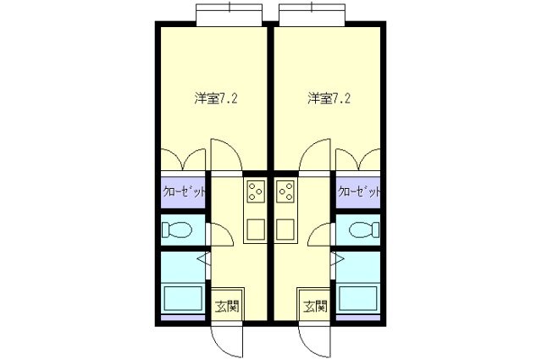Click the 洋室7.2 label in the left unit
tap(215, 98)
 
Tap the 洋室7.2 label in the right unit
tap(328, 98)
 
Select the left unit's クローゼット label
tap(184, 192)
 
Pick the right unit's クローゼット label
tap(358, 192)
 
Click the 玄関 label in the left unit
tap(224, 306)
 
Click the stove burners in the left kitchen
tap(255, 194)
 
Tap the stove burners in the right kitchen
tap(285, 194)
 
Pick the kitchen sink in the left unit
tap(255, 228)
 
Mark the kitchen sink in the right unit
tap(285, 228)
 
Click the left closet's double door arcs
tap(184, 160)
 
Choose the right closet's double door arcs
tap(357, 160)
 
